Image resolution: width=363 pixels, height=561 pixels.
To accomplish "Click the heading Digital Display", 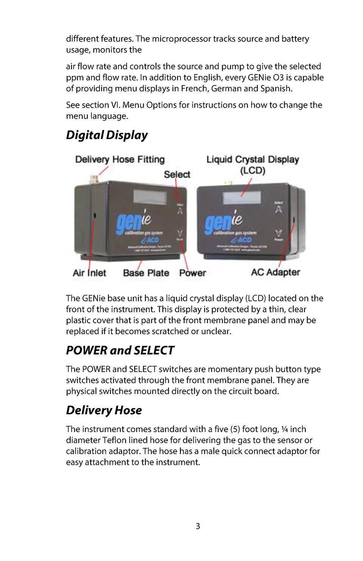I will (x=107, y=135).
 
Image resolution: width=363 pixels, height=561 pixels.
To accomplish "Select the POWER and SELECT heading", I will (x=120, y=350).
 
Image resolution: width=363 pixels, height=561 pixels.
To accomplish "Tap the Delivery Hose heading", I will (x=104, y=410).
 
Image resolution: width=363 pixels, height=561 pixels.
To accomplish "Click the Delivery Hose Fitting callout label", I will (x=120, y=159).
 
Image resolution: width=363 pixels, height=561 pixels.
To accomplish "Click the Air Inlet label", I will (x=89, y=273).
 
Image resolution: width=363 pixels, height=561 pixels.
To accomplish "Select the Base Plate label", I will (x=146, y=273).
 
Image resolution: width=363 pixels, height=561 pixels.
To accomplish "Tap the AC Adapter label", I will (x=275, y=272).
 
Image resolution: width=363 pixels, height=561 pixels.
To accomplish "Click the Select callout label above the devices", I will (x=177, y=174).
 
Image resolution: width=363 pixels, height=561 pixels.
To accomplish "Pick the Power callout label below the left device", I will (x=192, y=273).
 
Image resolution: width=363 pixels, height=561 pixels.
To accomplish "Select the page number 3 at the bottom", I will (x=198, y=526).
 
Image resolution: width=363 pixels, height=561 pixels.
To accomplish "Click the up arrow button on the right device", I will (x=279, y=209).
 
